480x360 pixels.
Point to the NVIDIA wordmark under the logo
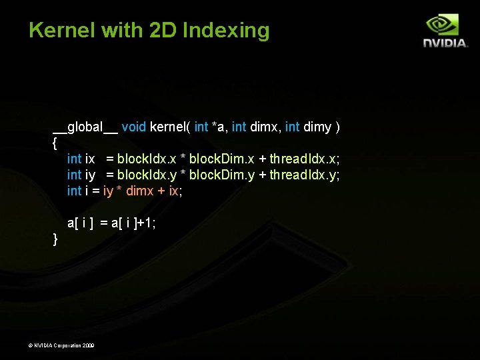point(445,43)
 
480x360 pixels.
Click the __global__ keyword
point(85,127)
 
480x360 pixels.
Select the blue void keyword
point(133,127)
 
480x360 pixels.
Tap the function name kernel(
point(170,127)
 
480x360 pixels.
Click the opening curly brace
point(55,143)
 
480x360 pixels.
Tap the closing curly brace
point(55,239)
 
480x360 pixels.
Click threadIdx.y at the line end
point(304,175)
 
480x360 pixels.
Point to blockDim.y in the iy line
point(222,175)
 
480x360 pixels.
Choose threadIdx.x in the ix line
point(304,159)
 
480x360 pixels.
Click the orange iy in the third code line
point(109,191)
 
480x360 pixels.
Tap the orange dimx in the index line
point(139,191)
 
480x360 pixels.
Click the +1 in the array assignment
point(148,223)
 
